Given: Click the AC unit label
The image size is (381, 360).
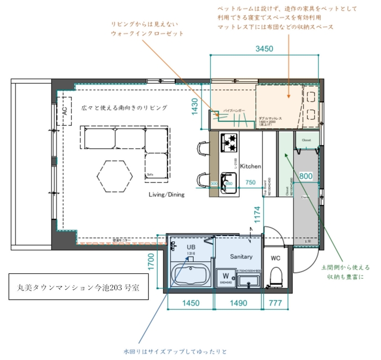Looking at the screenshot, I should (x=64, y=111).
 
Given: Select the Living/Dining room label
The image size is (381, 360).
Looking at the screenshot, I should (x=167, y=194).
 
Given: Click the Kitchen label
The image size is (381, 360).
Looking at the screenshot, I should (x=251, y=166).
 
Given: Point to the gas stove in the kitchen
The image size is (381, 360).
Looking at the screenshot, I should (x=229, y=143).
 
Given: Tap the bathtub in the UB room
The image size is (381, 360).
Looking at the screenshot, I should (x=189, y=274).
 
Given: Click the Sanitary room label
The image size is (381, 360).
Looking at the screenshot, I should (x=241, y=256).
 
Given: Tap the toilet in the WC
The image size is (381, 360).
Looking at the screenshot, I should (x=276, y=275).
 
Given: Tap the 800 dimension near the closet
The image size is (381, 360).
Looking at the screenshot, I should (x=306, y=176).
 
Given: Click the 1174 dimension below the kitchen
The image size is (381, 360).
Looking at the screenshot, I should (x=257, y=214).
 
